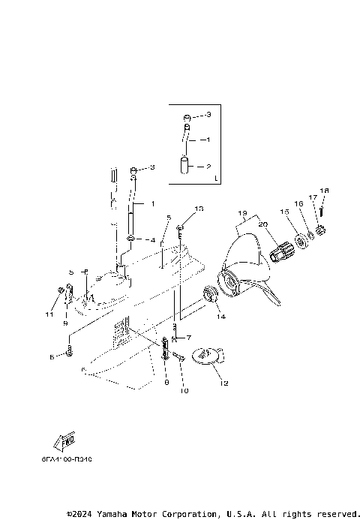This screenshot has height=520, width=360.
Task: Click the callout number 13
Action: click(x=199, y=208)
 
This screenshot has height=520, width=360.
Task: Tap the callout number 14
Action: click(x=221, y=317)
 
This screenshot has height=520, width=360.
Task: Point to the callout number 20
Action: click(x=263, y=224)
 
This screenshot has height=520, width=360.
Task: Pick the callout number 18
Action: click(x=324, y=191)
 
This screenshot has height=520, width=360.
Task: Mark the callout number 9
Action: click(x=65, y=323)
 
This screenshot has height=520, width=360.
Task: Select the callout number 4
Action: click(x=154, y=240)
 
